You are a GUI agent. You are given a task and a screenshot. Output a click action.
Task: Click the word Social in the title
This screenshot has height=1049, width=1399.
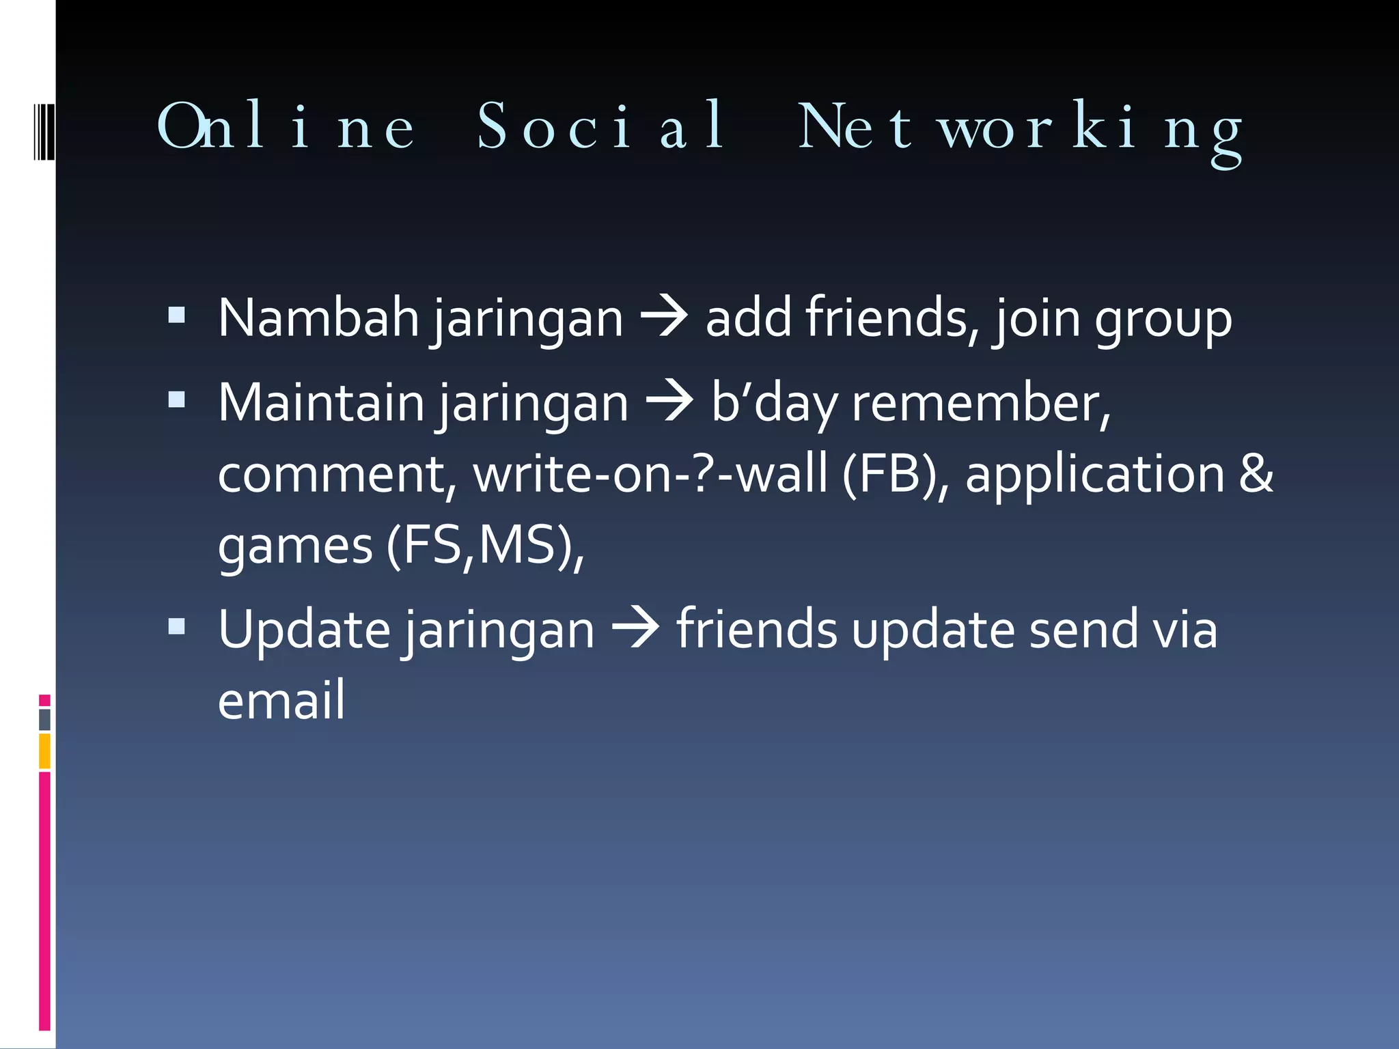pyautogui.click(x=601, y=126)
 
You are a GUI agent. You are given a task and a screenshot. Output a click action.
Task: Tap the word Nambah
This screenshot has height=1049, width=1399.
pyautogui.click(x=318, y=318)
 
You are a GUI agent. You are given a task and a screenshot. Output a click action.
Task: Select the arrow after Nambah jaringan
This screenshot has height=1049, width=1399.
pyautogui.click(x=664, y=317)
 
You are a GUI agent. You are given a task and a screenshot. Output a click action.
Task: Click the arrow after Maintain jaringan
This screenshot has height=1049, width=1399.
pyautogui.click(x=669, y=402)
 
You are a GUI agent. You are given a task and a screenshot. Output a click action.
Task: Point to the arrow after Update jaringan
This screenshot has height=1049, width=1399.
pyautogui.click(x=635, y=628)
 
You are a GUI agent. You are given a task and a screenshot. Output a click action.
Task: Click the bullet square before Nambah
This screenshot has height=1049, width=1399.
pyautogui.click(x=177, y=315)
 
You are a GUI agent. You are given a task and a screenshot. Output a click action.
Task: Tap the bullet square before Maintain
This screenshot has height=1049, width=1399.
pyautogui.click(x=177, y=400)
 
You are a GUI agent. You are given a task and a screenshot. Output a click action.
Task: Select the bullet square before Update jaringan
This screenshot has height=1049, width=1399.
pyautogui.click(x=177, y=626)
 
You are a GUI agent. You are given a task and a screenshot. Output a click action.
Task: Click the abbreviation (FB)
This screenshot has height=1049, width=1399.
pyautogui.click(x=895, y=474)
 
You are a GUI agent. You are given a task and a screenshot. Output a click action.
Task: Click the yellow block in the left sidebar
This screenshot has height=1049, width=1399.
pyautogui.click(x=44, y=751)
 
